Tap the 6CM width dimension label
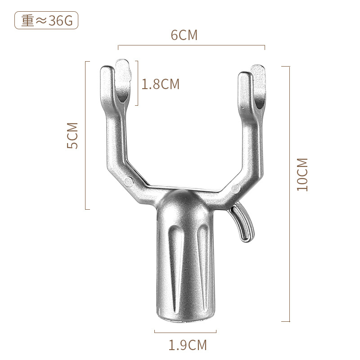(184, 35)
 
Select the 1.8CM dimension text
(161, 84)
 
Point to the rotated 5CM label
(72, 135)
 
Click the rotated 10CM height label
(302, 175)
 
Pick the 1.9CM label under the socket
(188, 345)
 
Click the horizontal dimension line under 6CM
(191, 46)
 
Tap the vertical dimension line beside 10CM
(288, 193)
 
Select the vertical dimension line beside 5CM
(86, 135)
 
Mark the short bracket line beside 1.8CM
(137, 84)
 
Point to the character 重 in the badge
(28, 21)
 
